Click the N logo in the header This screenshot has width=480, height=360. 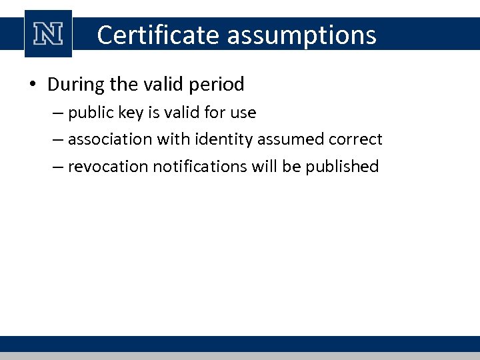click(48, 35)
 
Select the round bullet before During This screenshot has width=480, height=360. click(33, 85)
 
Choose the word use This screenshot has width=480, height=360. click(243, 113)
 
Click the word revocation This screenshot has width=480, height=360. click(108, 166)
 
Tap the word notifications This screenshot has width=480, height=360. click(201, 166)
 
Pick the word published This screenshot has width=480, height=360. click(342, 166)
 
